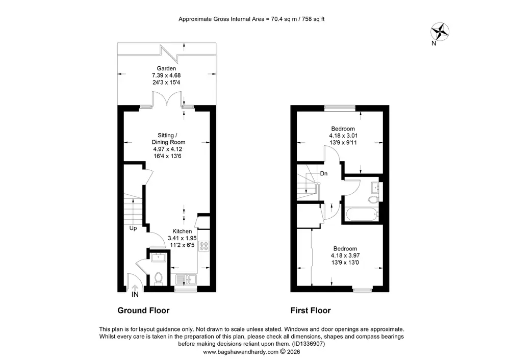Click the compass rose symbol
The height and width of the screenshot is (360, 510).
coord(440,32)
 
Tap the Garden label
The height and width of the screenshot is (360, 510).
coord(166,68)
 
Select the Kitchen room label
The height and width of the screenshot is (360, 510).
coord(182,231)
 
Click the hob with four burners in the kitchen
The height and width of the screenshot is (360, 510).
coord(204,246)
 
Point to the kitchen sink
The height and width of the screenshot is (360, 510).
coord(186,279)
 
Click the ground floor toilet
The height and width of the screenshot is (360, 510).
coord(159,279)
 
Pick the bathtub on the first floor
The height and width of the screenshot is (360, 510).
coord(362,215)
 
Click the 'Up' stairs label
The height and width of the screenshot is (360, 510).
coord(133,228)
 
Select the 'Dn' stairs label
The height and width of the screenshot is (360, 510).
coord(324,174)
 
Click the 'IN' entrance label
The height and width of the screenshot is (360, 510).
coord(135,295)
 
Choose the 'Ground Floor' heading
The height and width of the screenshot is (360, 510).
coord(143,311)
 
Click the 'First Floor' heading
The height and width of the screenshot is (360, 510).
coord(311,311)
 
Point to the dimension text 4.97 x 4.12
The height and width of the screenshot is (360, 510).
coord(167,149)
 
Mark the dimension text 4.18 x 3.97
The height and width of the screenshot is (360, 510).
coord(345,255)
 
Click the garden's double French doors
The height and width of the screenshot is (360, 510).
coord(167,98)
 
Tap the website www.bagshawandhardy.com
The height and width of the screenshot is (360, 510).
coord(241,352)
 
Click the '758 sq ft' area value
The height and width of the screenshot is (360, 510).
coord(313,19)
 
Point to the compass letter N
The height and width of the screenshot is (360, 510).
coord(433,43)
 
